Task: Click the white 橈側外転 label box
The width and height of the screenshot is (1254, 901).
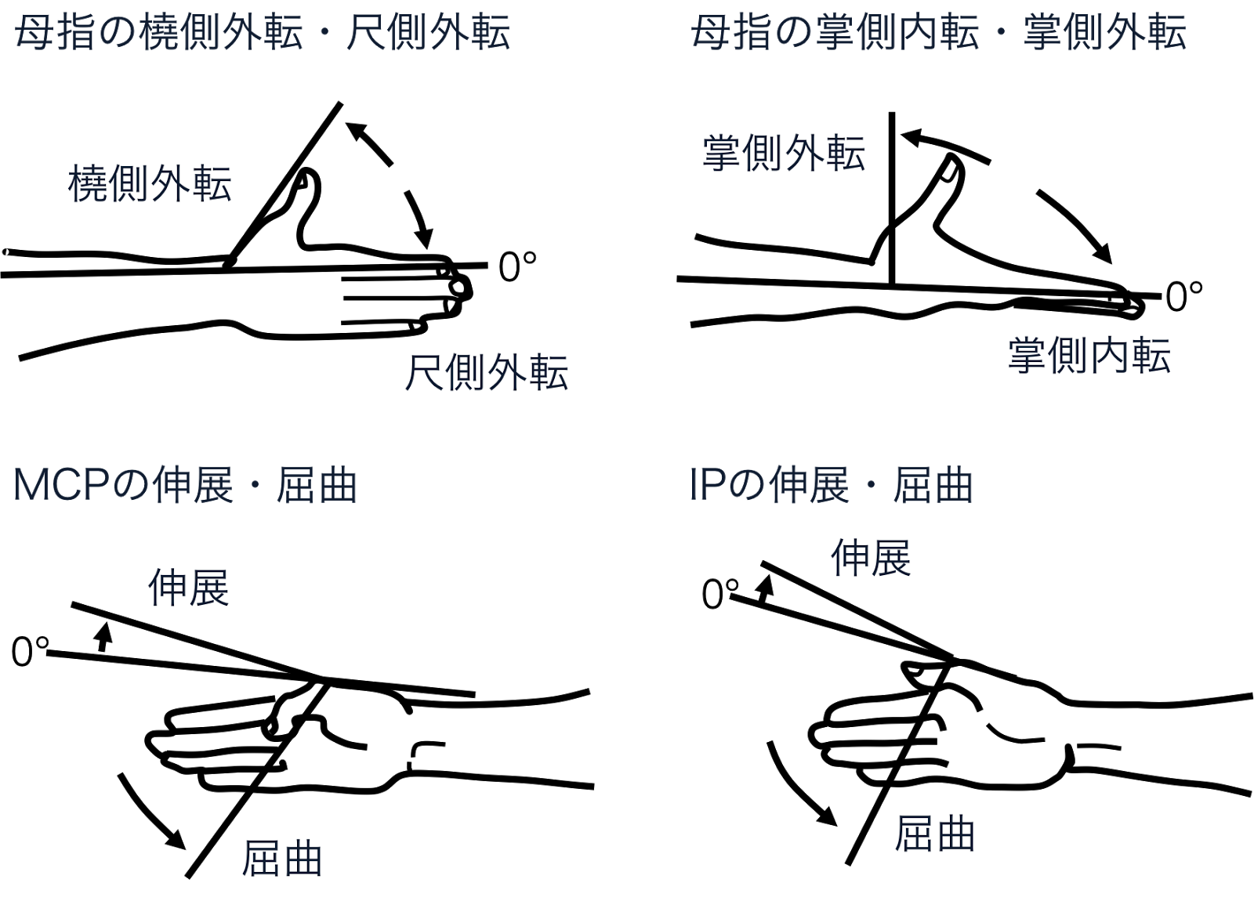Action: pos(149,182)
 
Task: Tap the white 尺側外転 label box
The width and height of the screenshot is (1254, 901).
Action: pos(486,371)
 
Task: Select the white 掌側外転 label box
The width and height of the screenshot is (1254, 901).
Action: pos(783,152)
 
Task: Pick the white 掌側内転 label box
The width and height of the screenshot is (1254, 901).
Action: pos(1089,354)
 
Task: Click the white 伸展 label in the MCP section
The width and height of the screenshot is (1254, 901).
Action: pos(190,586)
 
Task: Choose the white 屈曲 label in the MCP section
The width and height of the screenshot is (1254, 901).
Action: pos(283,856)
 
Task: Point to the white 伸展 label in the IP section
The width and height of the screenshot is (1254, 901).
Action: pos(872,556)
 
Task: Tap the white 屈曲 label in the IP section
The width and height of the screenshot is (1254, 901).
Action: pos(936,832)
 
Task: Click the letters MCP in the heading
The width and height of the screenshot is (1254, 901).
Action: pos(61,485)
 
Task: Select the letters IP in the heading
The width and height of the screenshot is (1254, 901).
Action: pos(707,485)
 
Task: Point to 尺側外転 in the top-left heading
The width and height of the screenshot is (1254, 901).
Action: pos(428,34)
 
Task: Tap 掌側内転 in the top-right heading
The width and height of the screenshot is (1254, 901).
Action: pos(897,34)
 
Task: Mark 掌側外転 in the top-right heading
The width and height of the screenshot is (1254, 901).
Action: pos(1104,34)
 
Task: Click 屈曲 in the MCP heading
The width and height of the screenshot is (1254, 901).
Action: pos(317,485)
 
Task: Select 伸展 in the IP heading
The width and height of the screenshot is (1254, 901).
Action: pos(809,485)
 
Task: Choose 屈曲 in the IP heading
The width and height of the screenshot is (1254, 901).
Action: pos(933,485)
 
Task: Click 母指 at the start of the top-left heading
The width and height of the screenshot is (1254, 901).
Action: pos(56,34)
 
